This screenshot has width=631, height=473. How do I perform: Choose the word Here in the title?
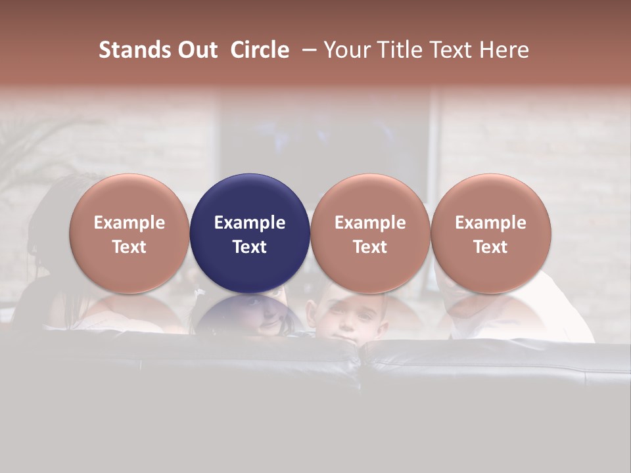[504, 50]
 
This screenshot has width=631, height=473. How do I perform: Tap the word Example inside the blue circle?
[250, 223]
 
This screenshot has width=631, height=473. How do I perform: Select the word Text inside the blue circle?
[250, 247]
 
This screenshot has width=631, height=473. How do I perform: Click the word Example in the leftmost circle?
[129, 223]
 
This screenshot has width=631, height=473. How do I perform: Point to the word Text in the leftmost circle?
[129, 247]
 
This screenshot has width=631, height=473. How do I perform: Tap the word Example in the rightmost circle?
[490, 223]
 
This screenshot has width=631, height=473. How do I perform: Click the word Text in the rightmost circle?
[490, 247]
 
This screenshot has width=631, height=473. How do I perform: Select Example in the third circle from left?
[370, 223]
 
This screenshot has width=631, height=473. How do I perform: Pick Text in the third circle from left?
[370, 247]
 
